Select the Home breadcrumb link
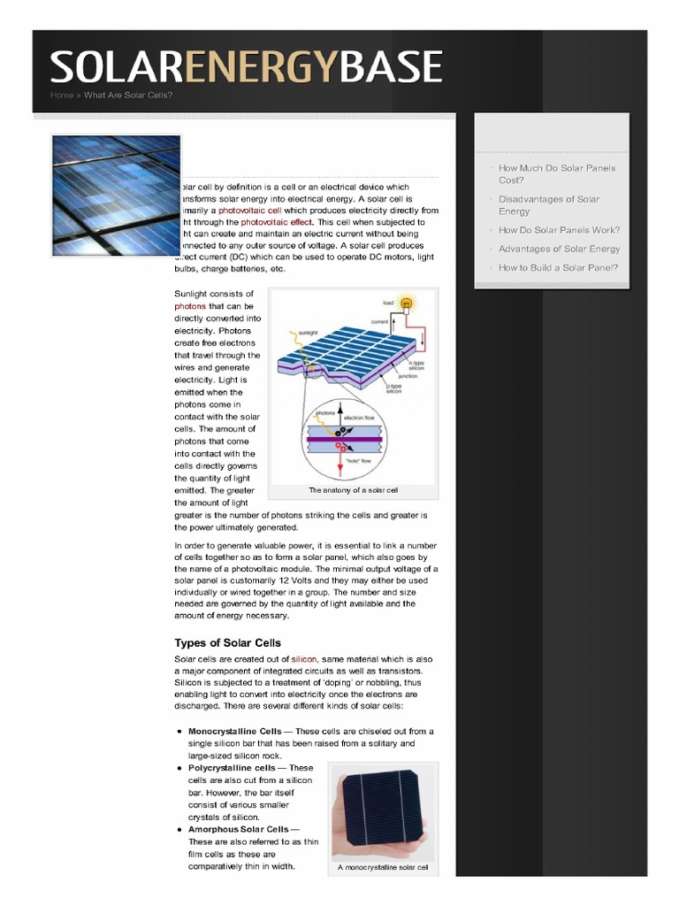pyautogui.click(x=62, y=95)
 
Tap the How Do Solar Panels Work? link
pyautogui.click(x=559, y=230)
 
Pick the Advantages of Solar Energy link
pyautogui.click(x=559, y=249)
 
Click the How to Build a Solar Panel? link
pyautogui.click(x=558, y=267)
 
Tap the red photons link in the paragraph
pyautogui.click(x=190, y=306)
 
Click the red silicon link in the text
pyautogui.click(x=304, y=659)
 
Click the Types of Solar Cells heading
pyautogui.click(x=227, y=642)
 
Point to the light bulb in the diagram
pyautogui.click(x=407, y=303)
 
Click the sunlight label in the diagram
pyautogui.click(x=307, y=334)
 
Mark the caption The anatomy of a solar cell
pyautogui.click(x=353, y=489)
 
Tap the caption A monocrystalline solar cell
pyautogui.click(x=383, y=867)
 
